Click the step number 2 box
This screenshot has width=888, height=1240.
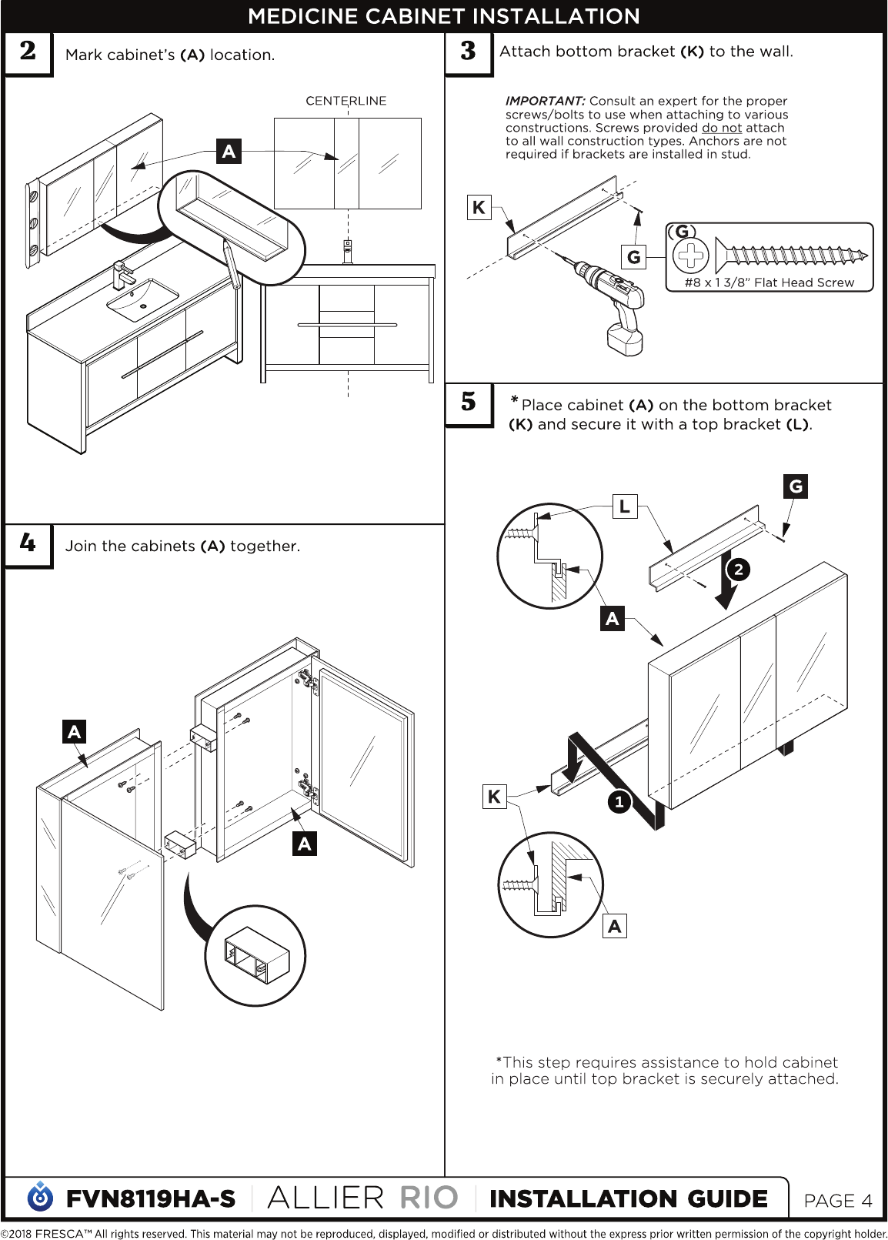coord(28,53)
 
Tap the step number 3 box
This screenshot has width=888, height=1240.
coord(468,53)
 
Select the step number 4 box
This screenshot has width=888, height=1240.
coord(28,545)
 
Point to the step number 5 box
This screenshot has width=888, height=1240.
coord(468,405)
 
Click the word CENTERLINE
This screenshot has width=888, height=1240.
coord(346,101)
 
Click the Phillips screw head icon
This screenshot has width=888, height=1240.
coord(690,256)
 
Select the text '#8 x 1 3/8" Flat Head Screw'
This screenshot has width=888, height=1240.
coord(769,282)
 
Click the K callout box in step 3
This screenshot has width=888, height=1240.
coord(479,208)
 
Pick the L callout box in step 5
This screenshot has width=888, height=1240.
coord(625,506)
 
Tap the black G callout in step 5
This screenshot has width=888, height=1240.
coord(796,486)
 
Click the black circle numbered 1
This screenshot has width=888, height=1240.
coord(619,801)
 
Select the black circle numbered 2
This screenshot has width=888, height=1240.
coord(738,570)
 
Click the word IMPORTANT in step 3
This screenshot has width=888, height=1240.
coord(545,102)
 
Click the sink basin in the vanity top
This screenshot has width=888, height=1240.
coord(143,299)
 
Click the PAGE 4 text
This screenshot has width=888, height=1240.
coord(838,1200)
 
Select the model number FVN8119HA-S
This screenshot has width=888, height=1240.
coord(151,1199)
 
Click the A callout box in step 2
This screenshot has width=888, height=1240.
coord(229,151)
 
